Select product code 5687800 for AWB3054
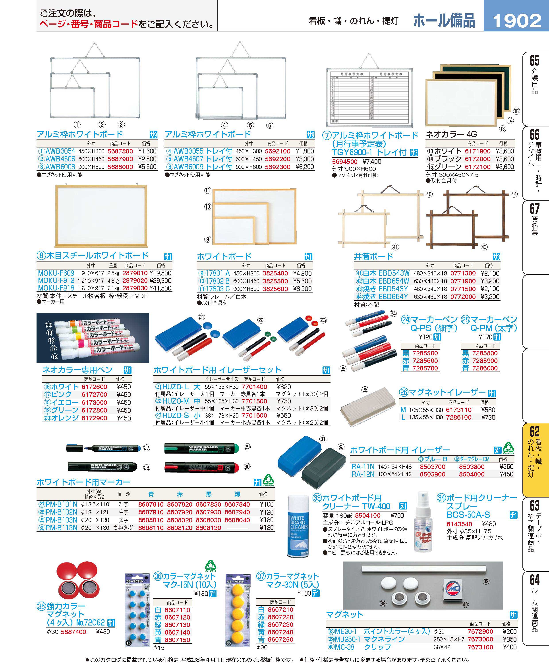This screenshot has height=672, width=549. click(120, 151)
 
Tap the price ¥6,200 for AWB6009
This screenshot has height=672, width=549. click(305, 167)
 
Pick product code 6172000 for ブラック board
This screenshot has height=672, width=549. click(477, 159)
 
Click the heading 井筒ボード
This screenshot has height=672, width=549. click(373, 256)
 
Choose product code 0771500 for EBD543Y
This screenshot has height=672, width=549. click(463, 289)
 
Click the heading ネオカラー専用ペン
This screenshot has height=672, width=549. click(77, 370)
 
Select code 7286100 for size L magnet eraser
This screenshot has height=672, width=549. click(458, 417)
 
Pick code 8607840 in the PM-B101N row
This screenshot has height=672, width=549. click(237, 504)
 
